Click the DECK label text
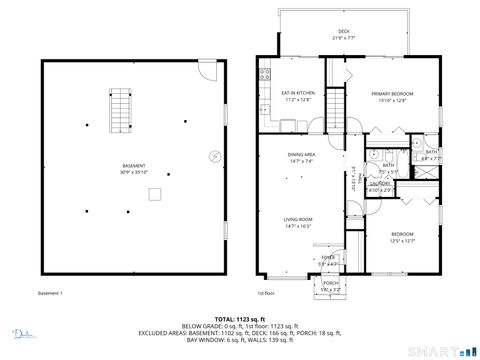click(x=344, y=31)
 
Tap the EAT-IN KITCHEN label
click(x=299, y=93)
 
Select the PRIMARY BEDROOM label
click(x=394, y=93)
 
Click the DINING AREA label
click(x=302, y=154)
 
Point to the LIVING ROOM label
click(x=299, y=219)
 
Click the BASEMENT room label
click(x=134, y=166)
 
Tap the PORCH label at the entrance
click(x=330, y=283)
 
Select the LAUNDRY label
click(x=380, y=183)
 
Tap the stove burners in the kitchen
click(x=264, y=73)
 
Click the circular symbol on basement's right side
click(x=215, y=155)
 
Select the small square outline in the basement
click(x=155, y=194)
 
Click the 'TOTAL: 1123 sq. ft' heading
click(x=240, y=319)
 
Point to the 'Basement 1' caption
click(x=50, y=293)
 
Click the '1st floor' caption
click(x=266, y=293)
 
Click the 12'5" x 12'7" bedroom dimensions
click(x=401, y=240)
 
